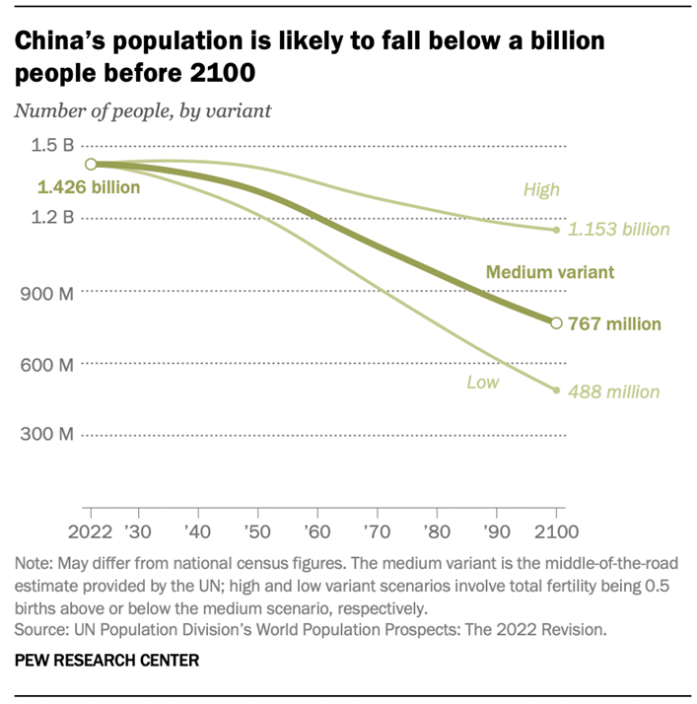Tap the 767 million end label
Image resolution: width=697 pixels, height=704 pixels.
click(619, 323)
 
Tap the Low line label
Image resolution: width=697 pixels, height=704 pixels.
click(483, 382)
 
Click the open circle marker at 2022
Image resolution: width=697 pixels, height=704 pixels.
click(91, 164)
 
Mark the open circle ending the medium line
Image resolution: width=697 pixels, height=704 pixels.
click(556, 322)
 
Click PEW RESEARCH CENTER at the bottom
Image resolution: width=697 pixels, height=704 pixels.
click(106, 660)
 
